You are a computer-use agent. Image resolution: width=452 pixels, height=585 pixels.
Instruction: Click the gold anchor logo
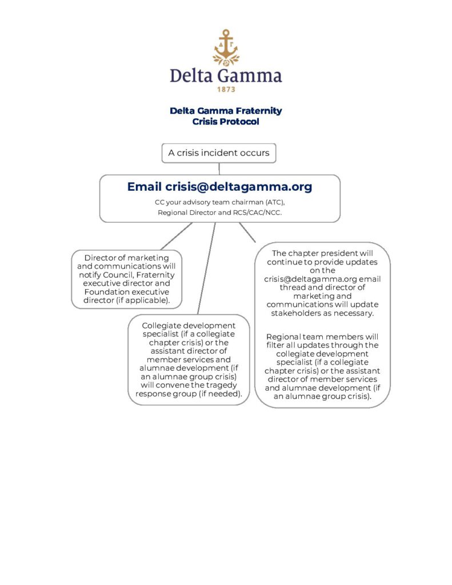coord(226,48)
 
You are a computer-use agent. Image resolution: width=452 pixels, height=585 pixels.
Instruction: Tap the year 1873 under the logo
coord(226,90)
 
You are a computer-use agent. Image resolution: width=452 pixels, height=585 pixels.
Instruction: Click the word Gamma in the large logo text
coord(249,76)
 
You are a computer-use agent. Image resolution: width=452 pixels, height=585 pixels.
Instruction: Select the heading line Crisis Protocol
coord(226,122)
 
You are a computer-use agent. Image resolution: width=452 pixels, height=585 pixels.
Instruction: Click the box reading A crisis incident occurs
coord(219,153)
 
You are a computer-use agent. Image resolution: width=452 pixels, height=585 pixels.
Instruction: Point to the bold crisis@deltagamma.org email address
coord(238,187)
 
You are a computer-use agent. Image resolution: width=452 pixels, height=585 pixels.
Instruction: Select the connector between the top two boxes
coord(219,169)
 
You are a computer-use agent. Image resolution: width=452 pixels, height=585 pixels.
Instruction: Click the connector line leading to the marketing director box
coord(177,236)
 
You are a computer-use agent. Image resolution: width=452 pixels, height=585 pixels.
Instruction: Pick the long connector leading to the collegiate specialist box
coord(206,269)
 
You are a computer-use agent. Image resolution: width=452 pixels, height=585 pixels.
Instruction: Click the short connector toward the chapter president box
coord(247,233)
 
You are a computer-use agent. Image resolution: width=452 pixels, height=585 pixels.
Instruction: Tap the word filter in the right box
coord(275,345)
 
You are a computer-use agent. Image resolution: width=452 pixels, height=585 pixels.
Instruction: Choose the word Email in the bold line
coord(145,187)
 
